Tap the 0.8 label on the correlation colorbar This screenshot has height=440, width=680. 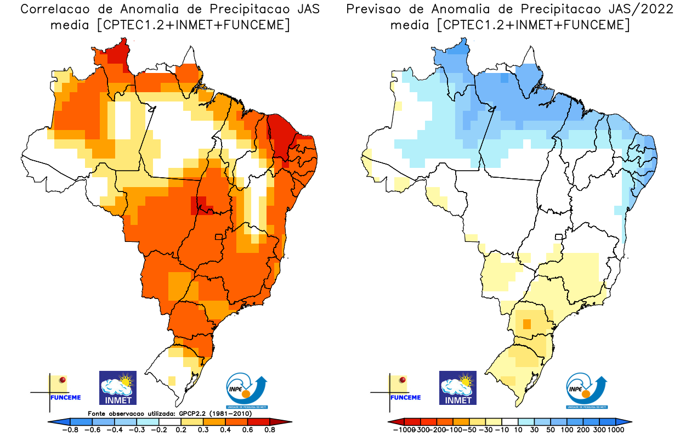click(x=269, y=430)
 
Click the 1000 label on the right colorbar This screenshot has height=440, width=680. click(x=615, y=430)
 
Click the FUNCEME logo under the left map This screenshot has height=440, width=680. click(x=63, y=389)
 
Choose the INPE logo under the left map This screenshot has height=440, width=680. click(x=246, y=390)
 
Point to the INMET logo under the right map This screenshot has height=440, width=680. click(x=458, y=387)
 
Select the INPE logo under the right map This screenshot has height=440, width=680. click(x=586, y=390)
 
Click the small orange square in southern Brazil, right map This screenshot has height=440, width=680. click(x=527, y=324)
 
